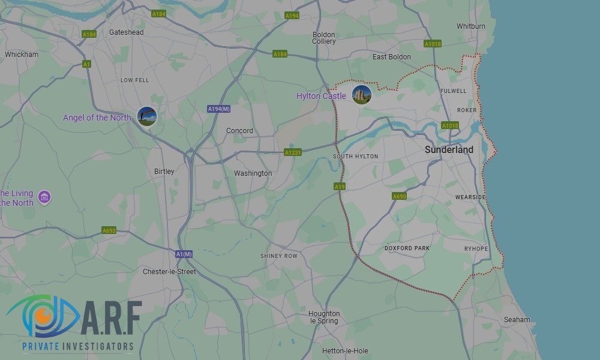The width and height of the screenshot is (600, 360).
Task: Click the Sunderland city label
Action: click(449, 150)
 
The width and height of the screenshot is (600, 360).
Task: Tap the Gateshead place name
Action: click(126, 32)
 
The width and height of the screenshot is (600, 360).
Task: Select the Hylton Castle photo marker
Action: click(362, 94)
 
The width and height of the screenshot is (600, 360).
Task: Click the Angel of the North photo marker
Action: click(147, 116)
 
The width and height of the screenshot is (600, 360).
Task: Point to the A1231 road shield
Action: click(293, 153)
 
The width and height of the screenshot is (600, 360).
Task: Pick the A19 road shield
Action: click(340, 187)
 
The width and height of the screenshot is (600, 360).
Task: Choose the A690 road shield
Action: click(399, 196)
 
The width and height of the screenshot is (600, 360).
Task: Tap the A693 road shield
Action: click(109, 230)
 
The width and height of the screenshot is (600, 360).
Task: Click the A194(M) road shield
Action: click(219, 109)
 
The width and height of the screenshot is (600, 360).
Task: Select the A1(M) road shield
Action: click(184, 254)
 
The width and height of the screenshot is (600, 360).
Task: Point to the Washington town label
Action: click(253, 173)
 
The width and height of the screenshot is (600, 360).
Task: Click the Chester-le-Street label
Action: click(169, 272)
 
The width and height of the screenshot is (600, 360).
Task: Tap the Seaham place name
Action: click(517, 320)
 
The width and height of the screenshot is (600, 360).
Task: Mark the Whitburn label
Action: click(471, 26)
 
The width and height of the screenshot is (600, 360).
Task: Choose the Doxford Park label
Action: click(407, 248)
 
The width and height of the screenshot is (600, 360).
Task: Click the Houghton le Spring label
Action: click(324, 317)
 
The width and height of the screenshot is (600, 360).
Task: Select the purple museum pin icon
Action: click(44, 197)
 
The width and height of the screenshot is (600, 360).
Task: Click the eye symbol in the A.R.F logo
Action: click(42, 316)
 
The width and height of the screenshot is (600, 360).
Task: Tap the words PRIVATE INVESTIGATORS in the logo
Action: click(77, 346)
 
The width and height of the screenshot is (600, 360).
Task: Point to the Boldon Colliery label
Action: click(324, 38)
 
